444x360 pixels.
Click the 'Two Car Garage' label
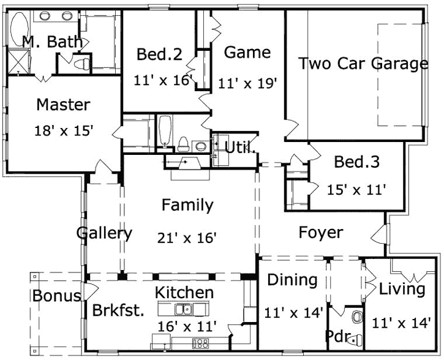coord(363,64)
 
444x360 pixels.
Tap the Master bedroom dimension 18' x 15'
coord(63,131)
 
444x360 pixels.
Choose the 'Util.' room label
coord(240,147)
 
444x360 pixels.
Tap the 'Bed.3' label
coord(356,162)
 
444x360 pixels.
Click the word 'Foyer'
coord(320,233)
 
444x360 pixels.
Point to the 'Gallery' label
coord(104,233)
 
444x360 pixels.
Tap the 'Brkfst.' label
coord(118,310)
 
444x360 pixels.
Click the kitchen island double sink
coord(182,309)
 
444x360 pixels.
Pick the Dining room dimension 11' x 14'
coord(293,313)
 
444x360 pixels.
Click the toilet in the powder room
coord(358,318)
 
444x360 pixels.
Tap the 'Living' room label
coord(402,289)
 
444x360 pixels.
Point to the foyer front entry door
coord(382,234)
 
